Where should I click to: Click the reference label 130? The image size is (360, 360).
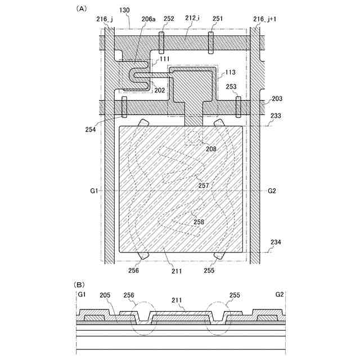tap(124, 10)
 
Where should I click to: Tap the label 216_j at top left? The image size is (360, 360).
tap(105, 19)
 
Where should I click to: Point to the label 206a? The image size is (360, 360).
tap(148, 19)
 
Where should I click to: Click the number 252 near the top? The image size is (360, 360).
tap(169, 19)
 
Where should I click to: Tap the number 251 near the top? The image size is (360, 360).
tap(218, 19)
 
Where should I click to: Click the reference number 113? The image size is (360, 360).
tap(230, 73)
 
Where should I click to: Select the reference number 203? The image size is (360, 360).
tap(277, 99)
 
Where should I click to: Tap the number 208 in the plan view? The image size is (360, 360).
tap(211, 150)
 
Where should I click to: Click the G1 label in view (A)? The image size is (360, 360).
tap(94, 191)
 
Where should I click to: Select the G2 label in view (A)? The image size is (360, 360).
tap(272, 191)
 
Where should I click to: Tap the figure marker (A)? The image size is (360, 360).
tap(81, 8)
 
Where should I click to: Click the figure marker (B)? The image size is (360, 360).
tap(81, 285)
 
